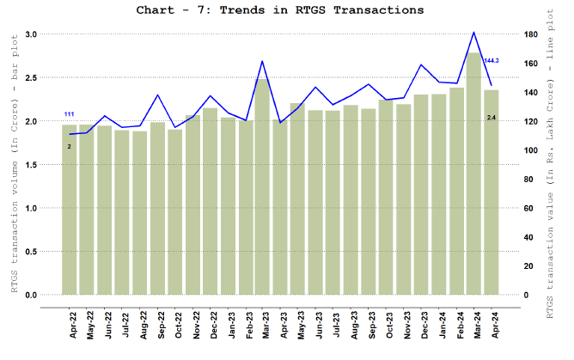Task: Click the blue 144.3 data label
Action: point(492,60)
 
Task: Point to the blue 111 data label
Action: point(70,114)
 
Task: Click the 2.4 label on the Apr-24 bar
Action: point(492,117)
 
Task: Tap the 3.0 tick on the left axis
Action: point(31,34)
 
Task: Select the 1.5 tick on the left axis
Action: point(31,164)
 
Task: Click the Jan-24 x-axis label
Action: point(438,321)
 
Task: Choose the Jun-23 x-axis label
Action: point(315,321)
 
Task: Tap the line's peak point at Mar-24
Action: point(473,33)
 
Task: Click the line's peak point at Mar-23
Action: point(262,61)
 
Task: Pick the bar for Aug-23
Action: point(351,200)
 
